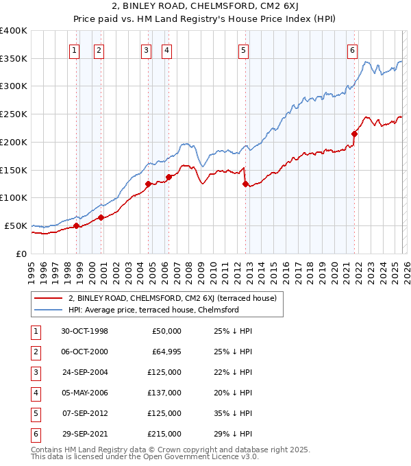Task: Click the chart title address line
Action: pyautogui.click(x=205, y=8)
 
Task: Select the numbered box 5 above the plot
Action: pyautogui.click(x=244, y=49)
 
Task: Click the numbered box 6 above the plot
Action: pyautogui.click(x=351, y=49)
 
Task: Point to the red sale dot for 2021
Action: pyautogui.click(x=354, y=134)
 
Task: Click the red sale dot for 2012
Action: pyautogui.click(x=245, y=183)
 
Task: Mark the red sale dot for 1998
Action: pyautogui.click(x=77, y=225)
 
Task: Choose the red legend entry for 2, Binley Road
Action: pyautogui.click(x=171, y=298)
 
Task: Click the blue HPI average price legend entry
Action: pyautogui.click(x=153, y=310)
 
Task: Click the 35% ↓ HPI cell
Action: pyautogui.click(x=233, y=413)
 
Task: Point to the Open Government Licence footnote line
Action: pyautogui.click(x=145, y=456)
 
